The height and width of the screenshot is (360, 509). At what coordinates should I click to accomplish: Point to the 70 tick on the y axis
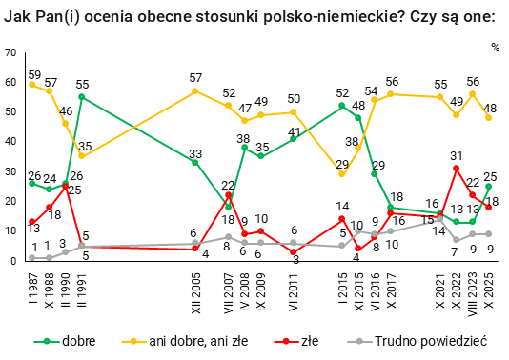pos(10,52)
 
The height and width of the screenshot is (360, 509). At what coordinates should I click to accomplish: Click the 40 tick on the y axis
pos(10,141)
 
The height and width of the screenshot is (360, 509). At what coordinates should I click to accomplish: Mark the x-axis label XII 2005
pos(194,290)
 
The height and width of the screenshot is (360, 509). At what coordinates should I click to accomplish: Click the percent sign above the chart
pos(495,46)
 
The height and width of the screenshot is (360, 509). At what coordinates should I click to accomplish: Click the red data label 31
pos(457,156)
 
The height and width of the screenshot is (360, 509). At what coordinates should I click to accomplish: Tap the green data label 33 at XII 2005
pos(194,152)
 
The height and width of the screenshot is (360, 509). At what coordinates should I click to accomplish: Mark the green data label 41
pos(295,131)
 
